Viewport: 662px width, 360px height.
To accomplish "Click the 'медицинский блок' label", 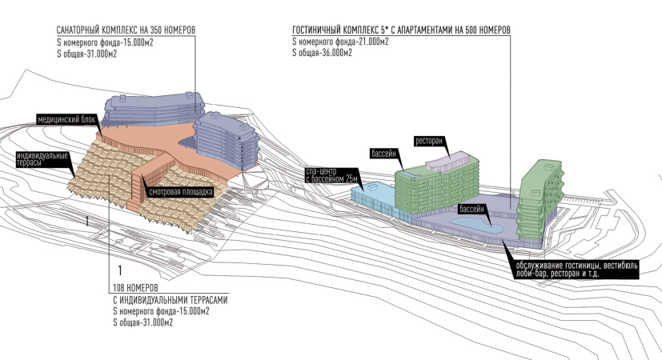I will click(x=67, y=119).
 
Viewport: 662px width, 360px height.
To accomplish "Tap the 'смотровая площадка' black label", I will click(x=179, y=192).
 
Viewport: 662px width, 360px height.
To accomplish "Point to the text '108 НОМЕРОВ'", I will click(x=134, y=287).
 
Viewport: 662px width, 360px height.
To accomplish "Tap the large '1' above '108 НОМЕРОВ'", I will click(x=119, y=270).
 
